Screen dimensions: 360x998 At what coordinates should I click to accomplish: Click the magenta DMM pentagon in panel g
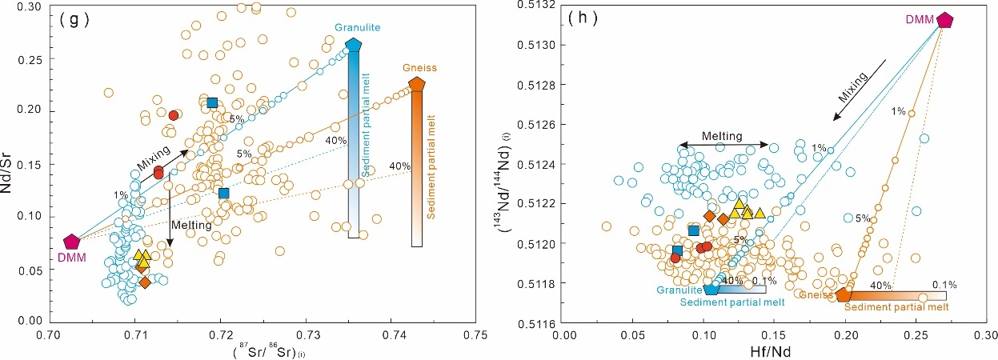click(x=72, y=242)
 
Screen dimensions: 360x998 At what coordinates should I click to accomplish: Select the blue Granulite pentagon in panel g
click(x=353, y=46)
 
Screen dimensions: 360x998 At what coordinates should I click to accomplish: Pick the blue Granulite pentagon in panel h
click(x=711, y=288)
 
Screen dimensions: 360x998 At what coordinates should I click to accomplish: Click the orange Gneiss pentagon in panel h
click(x=844, y=294)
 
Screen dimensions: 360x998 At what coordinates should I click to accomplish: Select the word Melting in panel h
click(x=723, y=137)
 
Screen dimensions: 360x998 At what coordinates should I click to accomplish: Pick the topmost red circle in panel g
click(x=174, y=115)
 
